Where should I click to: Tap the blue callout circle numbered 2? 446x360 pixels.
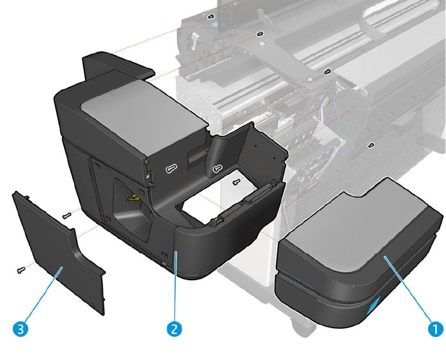174,329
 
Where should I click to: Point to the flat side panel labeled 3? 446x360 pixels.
60,250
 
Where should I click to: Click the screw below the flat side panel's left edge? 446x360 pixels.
20,270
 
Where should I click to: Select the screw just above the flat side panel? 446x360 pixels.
66,215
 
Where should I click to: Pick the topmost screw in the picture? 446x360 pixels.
211,17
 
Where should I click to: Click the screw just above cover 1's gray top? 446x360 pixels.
371,145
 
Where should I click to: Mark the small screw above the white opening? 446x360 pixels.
236,181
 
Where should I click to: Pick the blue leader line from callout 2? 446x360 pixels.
175,287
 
